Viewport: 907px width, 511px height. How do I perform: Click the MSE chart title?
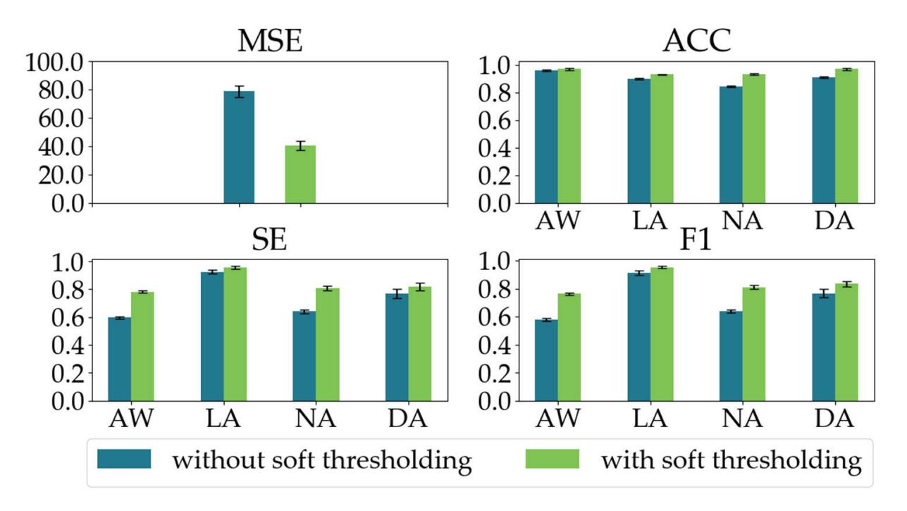pyautogui.click(x=269, y=42)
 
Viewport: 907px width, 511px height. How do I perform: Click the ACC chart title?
pyautogui.click(x=696, y=42)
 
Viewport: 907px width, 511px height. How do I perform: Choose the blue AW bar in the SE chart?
pyautogui.click(x=119, y=359)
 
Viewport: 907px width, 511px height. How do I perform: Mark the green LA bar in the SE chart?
pyautogui.click(x=235, y=334)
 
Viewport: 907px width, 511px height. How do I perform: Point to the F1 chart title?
pyautogui.click(x=696, y=242)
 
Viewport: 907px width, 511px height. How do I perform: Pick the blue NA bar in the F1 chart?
pyautogui.click(x=731, y=355)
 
